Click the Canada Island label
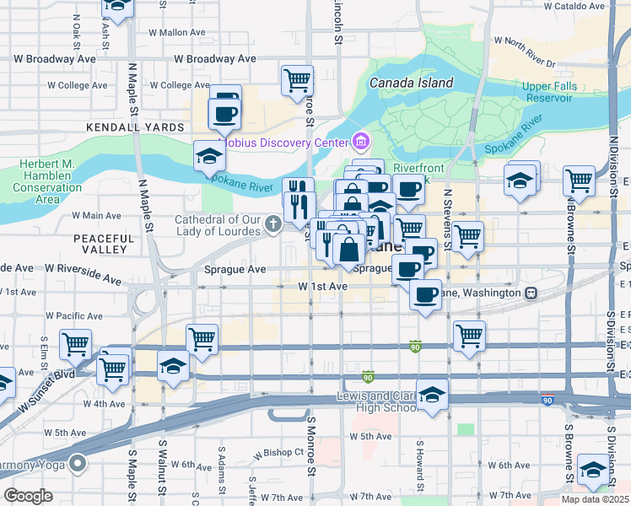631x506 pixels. tap(411, 83)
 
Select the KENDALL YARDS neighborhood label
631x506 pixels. tap(136, 126)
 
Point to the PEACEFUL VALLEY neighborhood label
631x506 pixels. tap(105, 245)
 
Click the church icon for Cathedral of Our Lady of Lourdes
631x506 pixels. tap(272, 223)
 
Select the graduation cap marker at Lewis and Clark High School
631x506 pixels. tap(432, 395)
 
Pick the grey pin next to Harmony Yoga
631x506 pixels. tap(78, 463)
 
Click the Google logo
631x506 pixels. tap(28, 496)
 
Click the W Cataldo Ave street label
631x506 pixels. tap(575, 5)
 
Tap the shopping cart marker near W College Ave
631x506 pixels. tap(297, 81)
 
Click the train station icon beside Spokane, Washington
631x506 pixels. tap(531, 293)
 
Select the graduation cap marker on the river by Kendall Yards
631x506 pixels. tap(208, 155)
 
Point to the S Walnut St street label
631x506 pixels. tap(175, 473)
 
